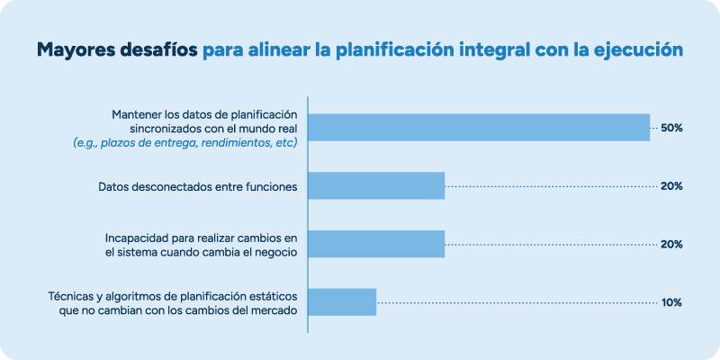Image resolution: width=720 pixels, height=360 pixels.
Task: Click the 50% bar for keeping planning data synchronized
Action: (479, 128)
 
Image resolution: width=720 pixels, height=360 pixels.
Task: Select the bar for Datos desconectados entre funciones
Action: (377, 186)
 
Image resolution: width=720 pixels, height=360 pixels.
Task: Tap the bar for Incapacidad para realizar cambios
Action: (377, 244)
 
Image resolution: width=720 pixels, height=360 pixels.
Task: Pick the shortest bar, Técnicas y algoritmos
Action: (343, 302)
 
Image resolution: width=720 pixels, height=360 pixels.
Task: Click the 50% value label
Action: (671, 128)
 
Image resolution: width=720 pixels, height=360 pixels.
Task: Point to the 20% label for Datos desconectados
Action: (671, 186)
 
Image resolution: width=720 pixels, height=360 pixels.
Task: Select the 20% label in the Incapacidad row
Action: (671, 244)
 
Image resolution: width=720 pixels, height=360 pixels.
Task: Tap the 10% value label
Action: (671, 302)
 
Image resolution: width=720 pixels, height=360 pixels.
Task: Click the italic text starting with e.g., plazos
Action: (185, 142)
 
